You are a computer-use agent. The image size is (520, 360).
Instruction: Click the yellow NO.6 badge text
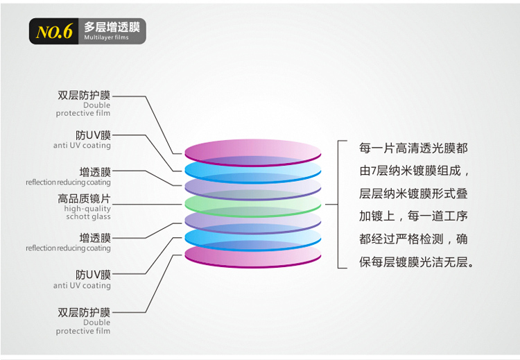54,32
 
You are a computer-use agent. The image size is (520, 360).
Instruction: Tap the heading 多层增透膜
112,26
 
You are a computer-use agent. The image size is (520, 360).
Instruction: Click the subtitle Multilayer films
106,37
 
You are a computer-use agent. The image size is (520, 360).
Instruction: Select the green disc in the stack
252,205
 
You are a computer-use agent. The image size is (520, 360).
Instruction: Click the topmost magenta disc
252,153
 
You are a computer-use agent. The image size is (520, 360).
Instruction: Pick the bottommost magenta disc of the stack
252,256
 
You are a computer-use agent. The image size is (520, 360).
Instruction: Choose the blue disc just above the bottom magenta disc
252,239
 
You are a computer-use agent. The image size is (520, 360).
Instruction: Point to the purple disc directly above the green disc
252,188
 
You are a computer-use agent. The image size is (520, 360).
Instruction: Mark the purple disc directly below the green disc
252,222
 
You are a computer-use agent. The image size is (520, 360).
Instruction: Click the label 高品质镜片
84,198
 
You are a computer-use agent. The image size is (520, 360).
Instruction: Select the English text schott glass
88,216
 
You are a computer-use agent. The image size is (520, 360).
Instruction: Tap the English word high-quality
87,208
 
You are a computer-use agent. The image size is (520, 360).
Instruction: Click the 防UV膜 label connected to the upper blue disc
93,135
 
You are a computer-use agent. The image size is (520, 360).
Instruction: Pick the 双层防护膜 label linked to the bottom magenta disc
84,312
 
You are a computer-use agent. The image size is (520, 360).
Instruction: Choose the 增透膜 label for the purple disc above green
95,172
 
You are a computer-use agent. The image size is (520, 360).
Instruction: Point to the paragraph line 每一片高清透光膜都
413,148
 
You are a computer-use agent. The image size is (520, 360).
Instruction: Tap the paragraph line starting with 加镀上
413,216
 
